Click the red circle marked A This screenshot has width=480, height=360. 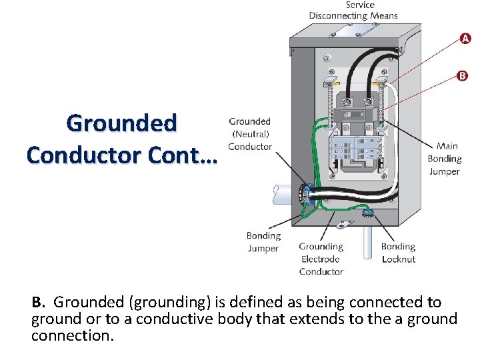[465, 38]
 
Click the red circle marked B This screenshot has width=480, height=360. [463, 76]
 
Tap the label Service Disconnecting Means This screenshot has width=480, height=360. [353, 10]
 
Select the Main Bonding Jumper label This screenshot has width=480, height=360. [444, 159]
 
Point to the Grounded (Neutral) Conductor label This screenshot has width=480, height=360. [250, 134]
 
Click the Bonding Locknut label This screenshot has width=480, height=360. [398, 253]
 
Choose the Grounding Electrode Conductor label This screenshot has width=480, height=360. [321, 259]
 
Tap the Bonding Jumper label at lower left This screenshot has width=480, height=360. [263, 242]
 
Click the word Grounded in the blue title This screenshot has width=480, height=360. [122, 123]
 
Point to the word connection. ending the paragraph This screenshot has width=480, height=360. [73, 335]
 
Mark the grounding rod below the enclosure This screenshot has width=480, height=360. [367, 243]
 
